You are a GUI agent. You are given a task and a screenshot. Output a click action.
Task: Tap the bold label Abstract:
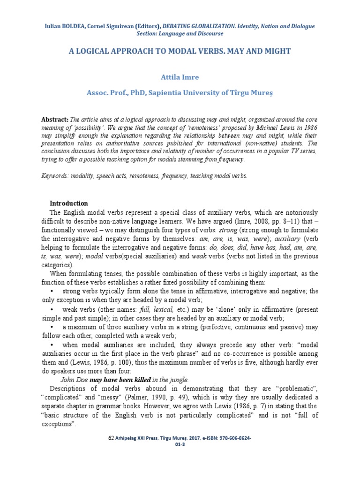(55, 120)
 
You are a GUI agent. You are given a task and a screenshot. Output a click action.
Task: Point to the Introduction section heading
(68, 203)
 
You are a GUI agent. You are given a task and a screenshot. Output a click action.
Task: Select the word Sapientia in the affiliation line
(163, 93)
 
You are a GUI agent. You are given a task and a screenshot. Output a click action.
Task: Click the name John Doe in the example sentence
(75, 379)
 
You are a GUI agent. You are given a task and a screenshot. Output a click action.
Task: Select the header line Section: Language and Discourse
(180, 34)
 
